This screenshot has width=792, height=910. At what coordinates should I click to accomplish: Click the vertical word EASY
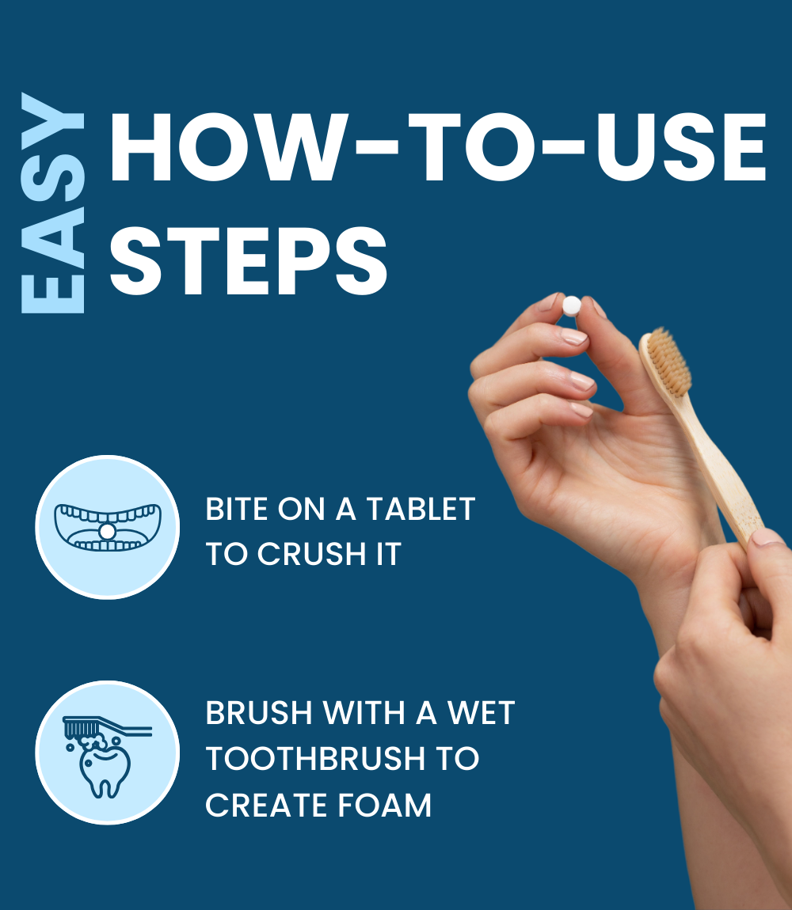pyautogui.click(x=52, y=204)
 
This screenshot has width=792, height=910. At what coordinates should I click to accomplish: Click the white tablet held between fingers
pyautogui.click(x=571, y=305)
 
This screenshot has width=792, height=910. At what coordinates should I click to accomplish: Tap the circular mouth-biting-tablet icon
pyautogui.click(x=107, y=527)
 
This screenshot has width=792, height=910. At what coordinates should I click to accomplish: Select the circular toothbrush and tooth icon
pyautogui.click(x=107, y=753)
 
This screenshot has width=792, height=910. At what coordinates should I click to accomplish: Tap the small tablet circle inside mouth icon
pyautogui.click(x=106, y=531)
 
